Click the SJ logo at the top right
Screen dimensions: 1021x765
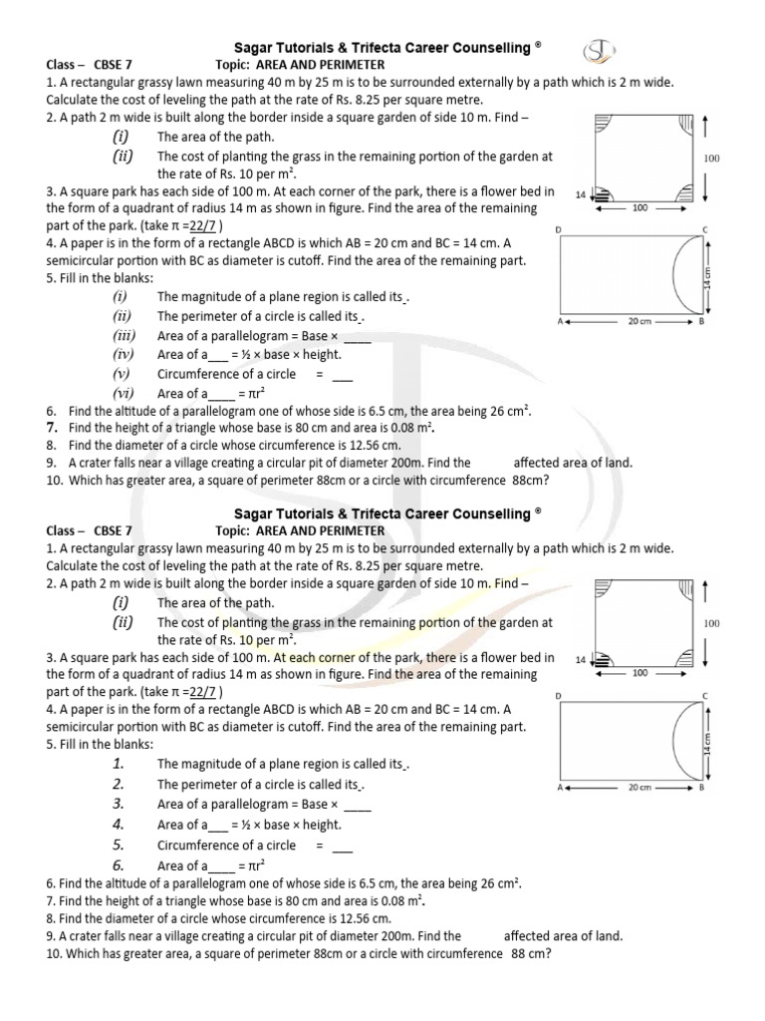click(601, 51)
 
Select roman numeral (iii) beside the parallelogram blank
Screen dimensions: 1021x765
click(124, 335)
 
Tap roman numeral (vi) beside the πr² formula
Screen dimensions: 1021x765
click(124, 393)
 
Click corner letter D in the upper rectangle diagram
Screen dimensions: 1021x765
click(559, 230)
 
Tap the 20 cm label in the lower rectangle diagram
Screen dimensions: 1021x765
click(639, 788)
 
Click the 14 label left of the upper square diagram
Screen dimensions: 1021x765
click(582, 193)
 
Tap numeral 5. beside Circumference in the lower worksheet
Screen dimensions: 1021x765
click(119, 845)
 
